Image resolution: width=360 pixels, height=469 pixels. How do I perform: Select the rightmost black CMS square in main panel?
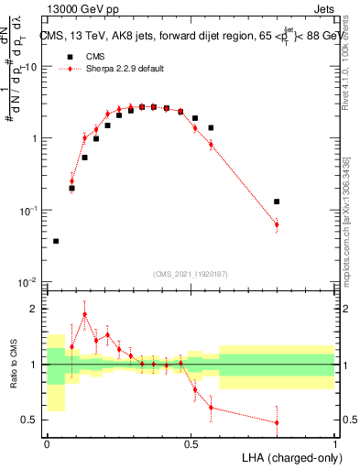pyautogui.click(x=277, y=202)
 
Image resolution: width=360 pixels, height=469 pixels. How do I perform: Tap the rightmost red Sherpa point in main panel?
pyautogui.click(x=277, y=224)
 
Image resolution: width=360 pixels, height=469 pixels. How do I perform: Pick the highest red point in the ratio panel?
pyautogui.click(x=85, y=314)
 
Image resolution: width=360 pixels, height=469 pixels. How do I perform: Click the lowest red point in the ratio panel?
pyautogui.click(x=277, y=422)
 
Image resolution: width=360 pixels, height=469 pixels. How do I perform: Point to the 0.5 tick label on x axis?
pyautogui.click(x=191, y=443)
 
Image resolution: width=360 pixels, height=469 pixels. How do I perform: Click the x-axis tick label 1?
pyautogui.click(x=335, y=443)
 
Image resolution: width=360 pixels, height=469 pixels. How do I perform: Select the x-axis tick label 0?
pyautogui.click(x=47, y=443)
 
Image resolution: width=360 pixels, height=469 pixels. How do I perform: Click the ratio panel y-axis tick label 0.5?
pyautogui.click(x=31, y=420)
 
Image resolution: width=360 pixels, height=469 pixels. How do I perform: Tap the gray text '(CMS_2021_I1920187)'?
pyautogui.click(x=191, y=273)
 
